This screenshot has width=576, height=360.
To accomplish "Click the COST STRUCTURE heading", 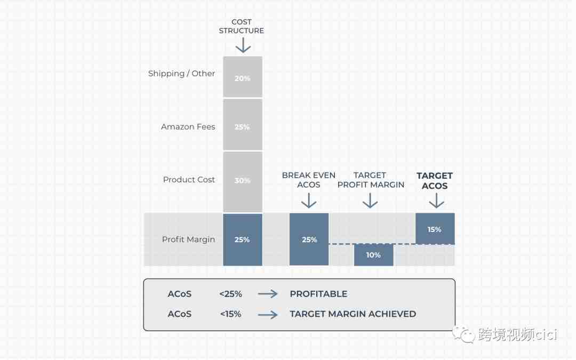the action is pos(242,26).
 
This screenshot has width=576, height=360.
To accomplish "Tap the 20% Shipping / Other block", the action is pos(243,77).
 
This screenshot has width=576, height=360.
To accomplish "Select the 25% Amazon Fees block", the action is pos(243,125).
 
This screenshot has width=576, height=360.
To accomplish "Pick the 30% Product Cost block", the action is pos(243,181).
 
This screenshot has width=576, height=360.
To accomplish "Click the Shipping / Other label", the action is pos(181,74).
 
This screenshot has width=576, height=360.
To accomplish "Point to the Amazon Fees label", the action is pos(188,127).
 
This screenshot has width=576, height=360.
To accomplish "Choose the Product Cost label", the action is pos(189,180).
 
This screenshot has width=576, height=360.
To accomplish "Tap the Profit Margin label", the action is pos(188,239).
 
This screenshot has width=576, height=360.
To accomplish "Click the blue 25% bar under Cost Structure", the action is pos(243,239).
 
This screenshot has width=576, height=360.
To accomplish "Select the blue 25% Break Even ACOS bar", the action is pos(309,239).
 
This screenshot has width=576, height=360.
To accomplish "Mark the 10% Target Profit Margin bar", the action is pos(373,255).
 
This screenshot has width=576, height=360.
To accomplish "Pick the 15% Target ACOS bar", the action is pos(435,228).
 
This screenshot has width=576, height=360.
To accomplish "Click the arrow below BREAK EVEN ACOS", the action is pos(309,201).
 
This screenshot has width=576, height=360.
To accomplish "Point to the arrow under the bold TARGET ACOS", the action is pos(436,201).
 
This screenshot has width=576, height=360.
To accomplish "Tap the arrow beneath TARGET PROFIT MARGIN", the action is pos(370,201).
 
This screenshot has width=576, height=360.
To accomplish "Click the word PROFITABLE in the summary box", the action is pos(318,294).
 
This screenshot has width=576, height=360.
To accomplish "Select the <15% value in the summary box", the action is pos(231,314).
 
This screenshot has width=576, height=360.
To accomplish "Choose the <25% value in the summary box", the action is pos(231,294).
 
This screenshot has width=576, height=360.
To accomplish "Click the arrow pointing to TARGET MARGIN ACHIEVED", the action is pos(268,315).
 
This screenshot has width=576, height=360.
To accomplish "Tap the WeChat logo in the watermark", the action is pos(463,334).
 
